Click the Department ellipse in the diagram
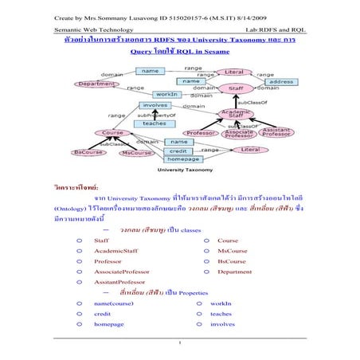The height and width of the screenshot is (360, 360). click(x=97, y=83)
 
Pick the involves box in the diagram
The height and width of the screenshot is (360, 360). click(x=155, y=104)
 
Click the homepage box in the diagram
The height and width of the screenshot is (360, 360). click(x=182, y=158)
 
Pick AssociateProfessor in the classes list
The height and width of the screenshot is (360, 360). click(x=121, y=272)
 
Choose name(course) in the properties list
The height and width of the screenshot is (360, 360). click(x=113, y=303)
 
